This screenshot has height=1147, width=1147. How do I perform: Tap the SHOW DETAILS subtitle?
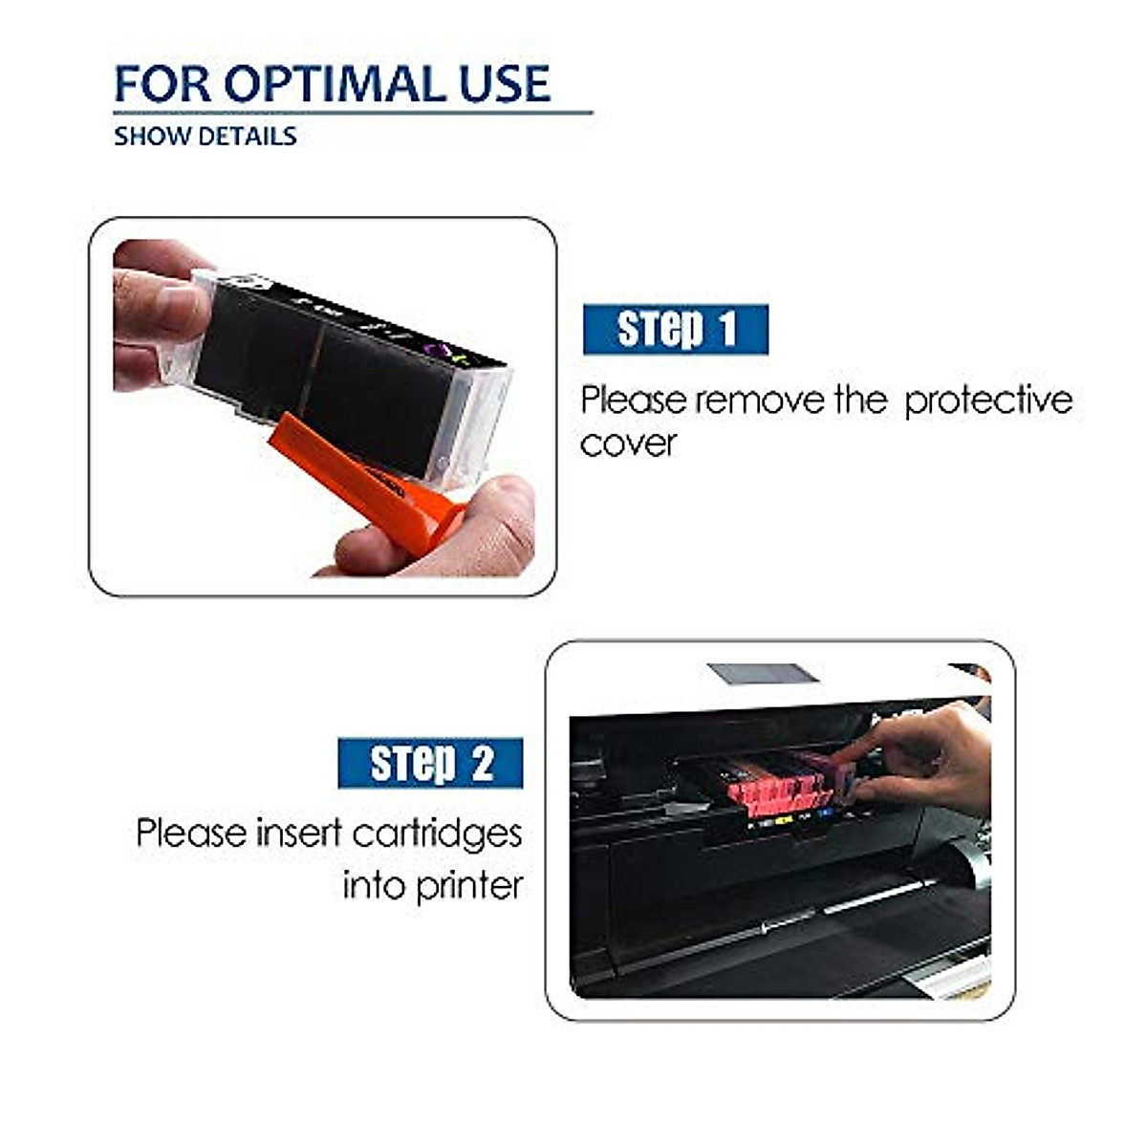(205, 136)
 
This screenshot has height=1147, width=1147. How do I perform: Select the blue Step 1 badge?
(676, 330)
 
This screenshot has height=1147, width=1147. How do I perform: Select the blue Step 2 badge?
(430, 763)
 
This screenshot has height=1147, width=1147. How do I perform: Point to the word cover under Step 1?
(628, 444)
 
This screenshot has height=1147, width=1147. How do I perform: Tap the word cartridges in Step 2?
(437, 834)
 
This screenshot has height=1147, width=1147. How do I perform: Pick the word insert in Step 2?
(298, 833)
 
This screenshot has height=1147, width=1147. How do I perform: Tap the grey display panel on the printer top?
(763, 674)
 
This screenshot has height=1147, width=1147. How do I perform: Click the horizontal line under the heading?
(354, 113)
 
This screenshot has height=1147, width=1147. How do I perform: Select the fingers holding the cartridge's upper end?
(158, 315)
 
